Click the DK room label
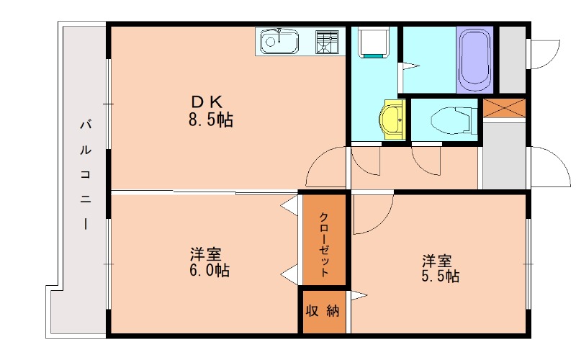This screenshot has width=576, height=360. (x=206, y=102)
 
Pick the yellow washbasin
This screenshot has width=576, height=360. (x=392, y=120)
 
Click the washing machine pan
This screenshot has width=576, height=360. (x=374, y=42)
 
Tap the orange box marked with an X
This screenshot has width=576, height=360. (x=504, y=108)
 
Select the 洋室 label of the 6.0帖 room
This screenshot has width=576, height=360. (x=206, y=254)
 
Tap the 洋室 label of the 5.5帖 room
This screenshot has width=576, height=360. (x=437, y=258)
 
